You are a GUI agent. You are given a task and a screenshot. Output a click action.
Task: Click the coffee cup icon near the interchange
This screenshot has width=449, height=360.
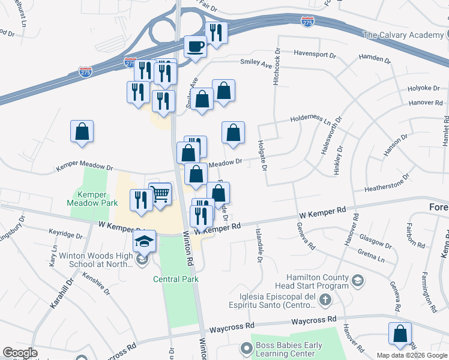[194, 46]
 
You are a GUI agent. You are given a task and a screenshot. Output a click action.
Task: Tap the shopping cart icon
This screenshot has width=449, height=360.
[160, 194]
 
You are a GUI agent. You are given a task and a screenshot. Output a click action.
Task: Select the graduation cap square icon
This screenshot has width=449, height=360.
[144, 241]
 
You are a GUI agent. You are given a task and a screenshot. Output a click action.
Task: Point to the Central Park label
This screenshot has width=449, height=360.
[175, 279]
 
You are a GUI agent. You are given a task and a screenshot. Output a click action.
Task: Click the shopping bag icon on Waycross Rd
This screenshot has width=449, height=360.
[400, 334]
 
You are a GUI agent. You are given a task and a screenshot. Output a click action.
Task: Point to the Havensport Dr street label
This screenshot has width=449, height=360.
[315, 54]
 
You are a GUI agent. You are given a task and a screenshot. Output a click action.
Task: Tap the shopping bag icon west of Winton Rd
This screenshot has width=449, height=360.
[82, 132]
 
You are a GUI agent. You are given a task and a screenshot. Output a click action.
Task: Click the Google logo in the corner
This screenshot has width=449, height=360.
[20, 353]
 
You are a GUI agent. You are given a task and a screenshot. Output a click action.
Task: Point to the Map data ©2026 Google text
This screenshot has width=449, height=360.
[411, 355]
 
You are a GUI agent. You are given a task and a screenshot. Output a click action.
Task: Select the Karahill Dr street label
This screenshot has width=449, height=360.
[61, 293]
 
